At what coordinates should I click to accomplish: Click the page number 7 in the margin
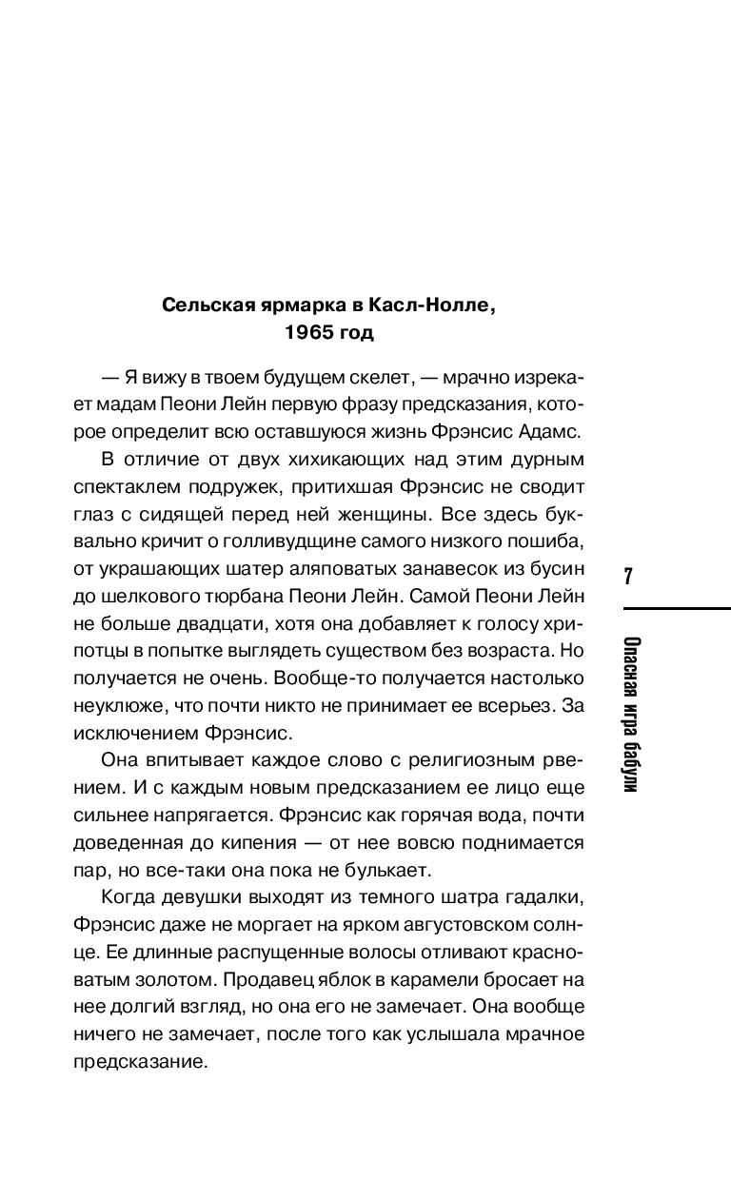pyautogui.click(x=628, y=577)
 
